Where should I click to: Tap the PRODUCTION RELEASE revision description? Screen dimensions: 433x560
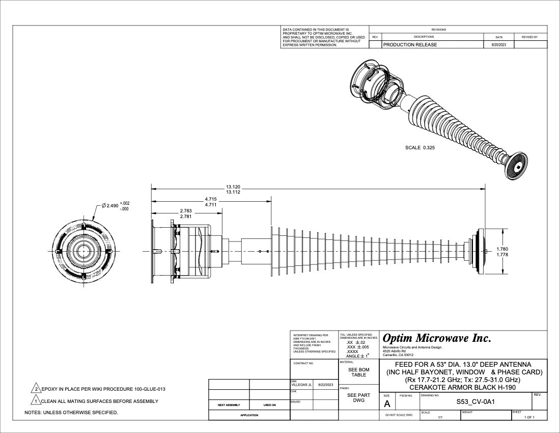click(x=410, y=45)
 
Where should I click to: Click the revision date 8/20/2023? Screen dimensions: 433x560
click(x=498, y=45)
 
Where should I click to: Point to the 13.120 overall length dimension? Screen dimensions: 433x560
click(x=233, y=187)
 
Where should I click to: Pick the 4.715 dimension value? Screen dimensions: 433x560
click(x=211, y=199)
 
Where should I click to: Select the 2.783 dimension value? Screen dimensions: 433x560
click(x=186, y=211)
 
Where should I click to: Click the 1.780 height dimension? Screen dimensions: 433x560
click(x=502, y=249)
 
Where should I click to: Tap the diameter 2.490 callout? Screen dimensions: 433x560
click(x=110, y=206)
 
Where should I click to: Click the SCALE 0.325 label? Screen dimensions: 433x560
click(x=420, y=148)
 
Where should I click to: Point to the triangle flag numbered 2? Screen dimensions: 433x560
click(x=36, y=389)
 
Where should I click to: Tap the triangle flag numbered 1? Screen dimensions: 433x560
click(x=36, y=401)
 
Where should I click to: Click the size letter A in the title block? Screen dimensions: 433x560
click(x=387, y=404)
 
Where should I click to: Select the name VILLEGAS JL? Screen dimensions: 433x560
click(x=301, y=385)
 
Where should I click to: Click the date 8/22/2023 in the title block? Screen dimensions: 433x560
click(x=325, y=385)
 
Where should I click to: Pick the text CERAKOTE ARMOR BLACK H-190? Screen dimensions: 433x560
click(x=463, y=387)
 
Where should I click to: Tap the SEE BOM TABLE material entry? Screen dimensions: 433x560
click(x=359, y=372)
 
